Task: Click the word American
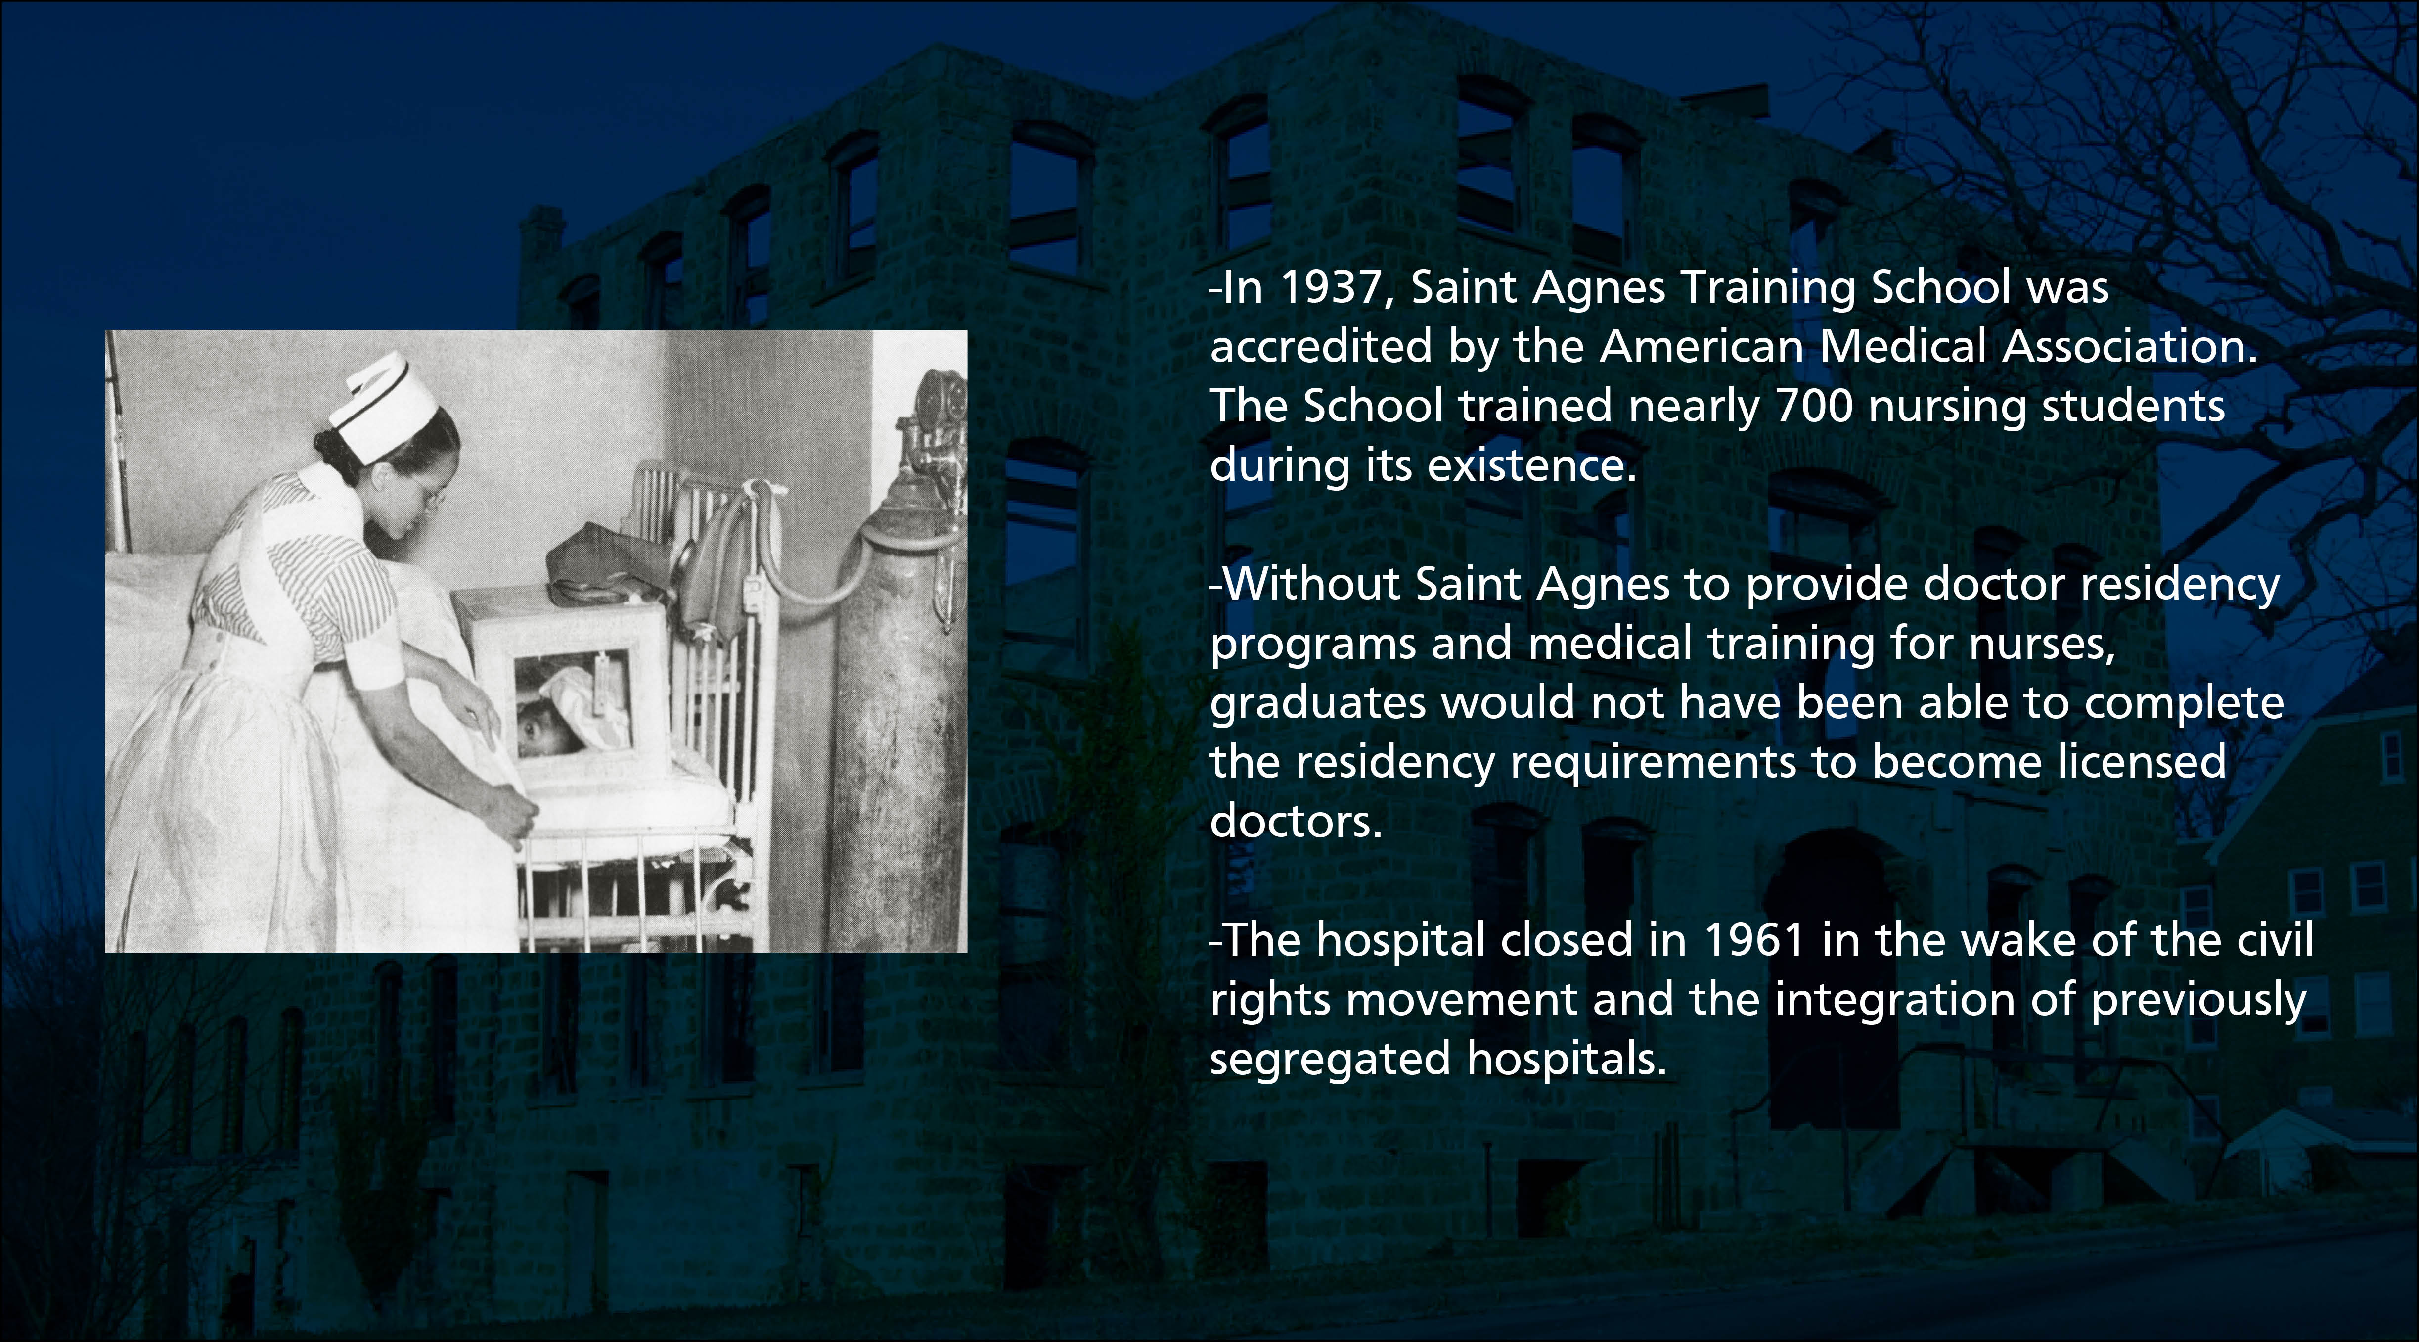pos(1701,347)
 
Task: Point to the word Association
pos(2130,347)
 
